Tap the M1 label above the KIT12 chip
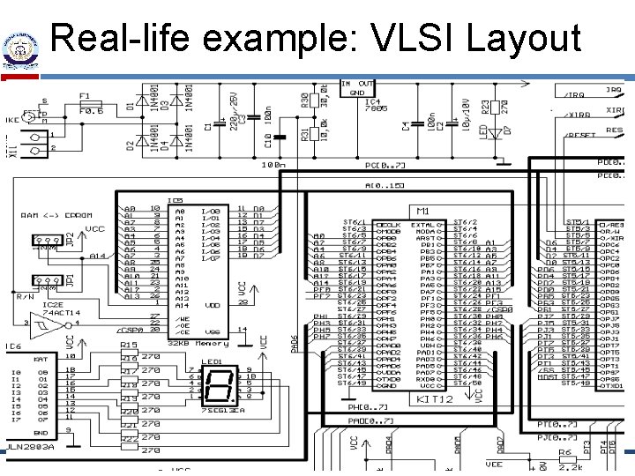[x=422, y=212]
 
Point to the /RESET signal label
[x=579, y=135]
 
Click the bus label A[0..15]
[x=385, y=185]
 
